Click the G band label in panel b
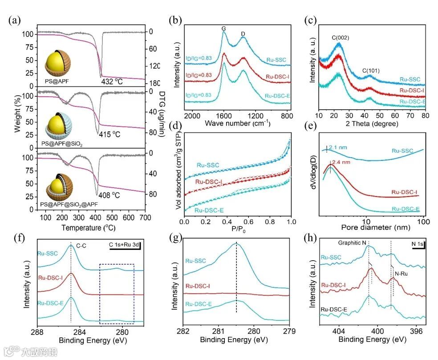(223, 29)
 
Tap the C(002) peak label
(340, 38)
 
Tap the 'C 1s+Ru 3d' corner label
(123, 244)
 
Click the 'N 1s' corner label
(417, 244)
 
